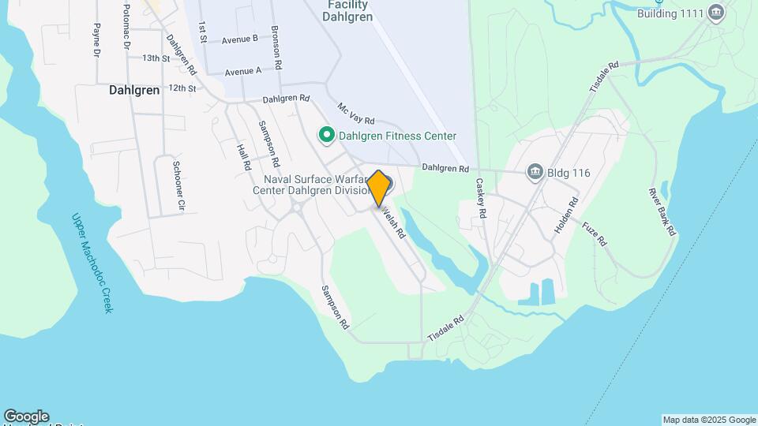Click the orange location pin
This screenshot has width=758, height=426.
click(x=379, y=188)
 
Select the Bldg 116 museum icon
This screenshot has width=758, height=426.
click(x=535, y=172)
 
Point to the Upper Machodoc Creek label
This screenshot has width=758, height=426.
click(x=92, y=263)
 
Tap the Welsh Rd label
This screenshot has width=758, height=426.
click(x=393, y=223)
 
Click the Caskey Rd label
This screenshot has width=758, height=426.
click(x=482, y=198)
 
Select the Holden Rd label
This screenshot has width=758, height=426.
click(x=566, y=214)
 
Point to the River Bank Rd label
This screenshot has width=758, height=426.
click(x=662, y=211)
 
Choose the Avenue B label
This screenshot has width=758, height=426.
click(x=239, y=39)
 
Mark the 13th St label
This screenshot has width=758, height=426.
click(x=156, y=58)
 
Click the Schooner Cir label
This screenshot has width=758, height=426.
click(x=179, y=185)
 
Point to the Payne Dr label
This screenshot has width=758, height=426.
click(x=96, y=40)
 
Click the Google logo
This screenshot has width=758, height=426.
click(x=25, y=417)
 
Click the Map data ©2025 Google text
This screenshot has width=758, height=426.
click(x=709, y=420)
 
